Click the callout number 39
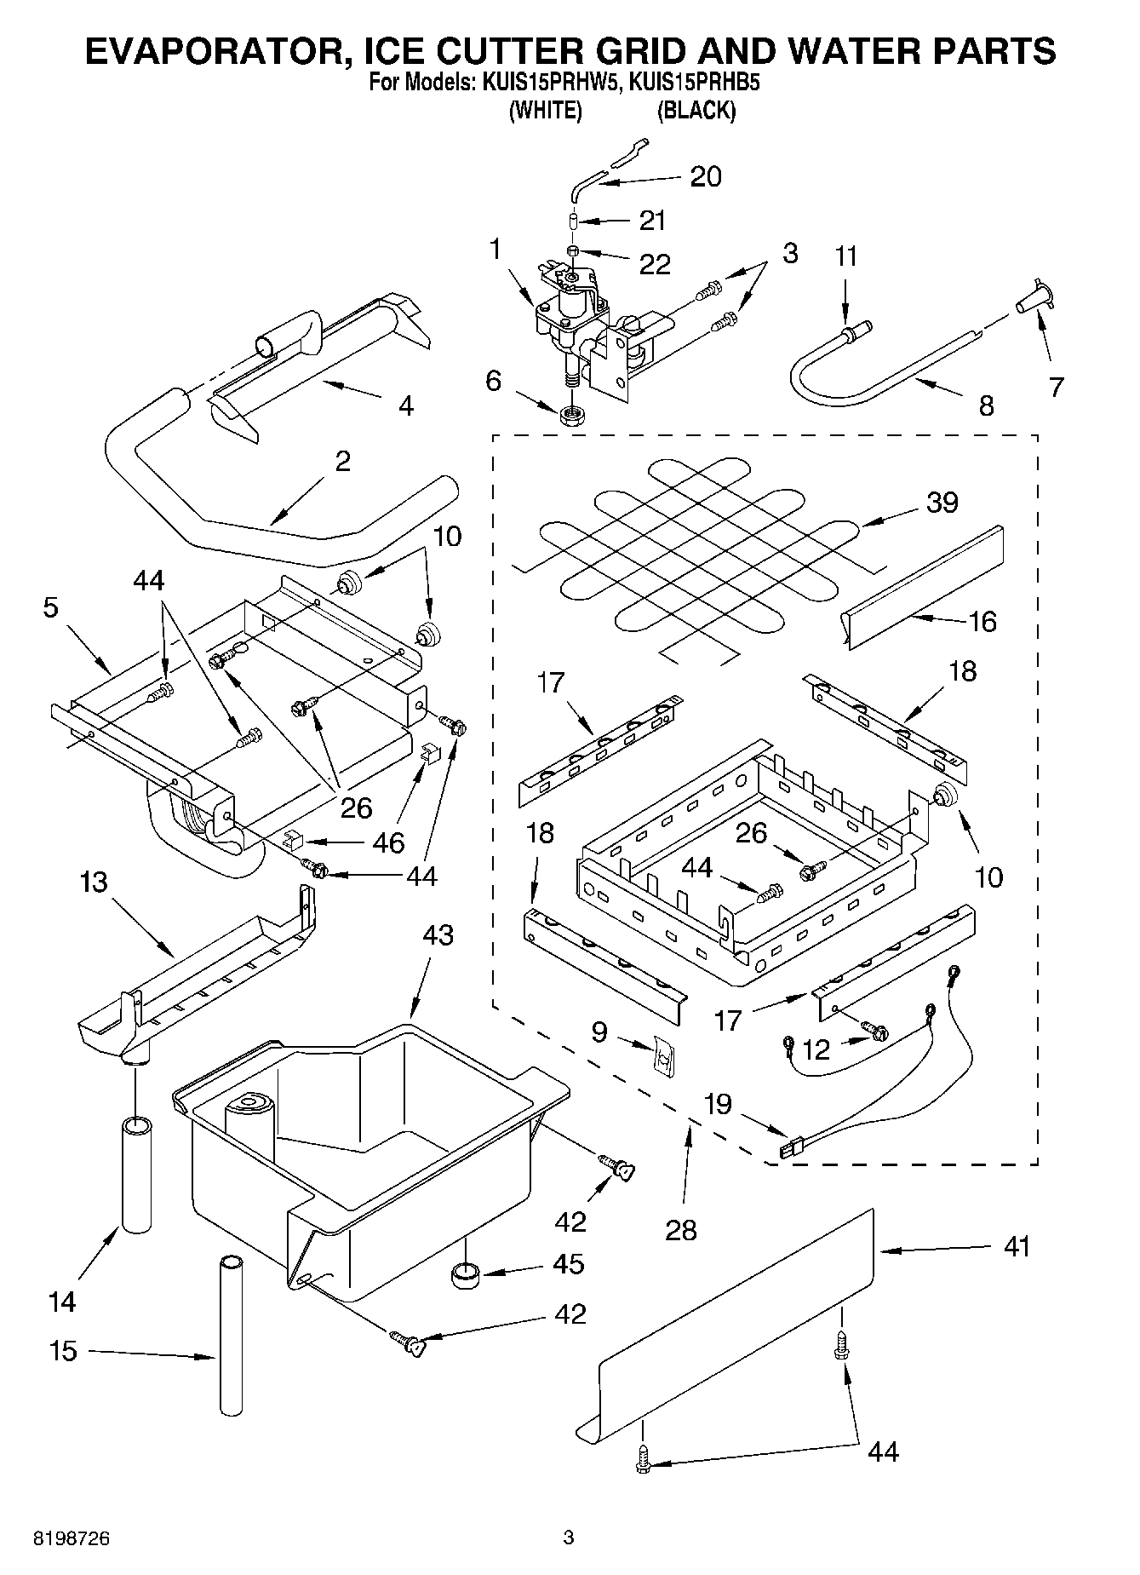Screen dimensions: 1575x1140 pos(942,503)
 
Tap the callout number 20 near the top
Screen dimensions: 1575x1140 pos(705,177)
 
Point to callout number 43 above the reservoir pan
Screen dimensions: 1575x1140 pos(438,935)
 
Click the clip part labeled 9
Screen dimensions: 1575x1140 pos(662,1059)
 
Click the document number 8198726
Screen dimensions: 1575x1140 pos(72,1538)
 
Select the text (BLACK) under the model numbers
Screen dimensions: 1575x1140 pos(696,111)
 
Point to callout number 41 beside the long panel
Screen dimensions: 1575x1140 pos(1017,1247)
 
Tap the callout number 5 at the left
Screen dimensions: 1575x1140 pos(51,609)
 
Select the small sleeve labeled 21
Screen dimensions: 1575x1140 pos(574,222)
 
